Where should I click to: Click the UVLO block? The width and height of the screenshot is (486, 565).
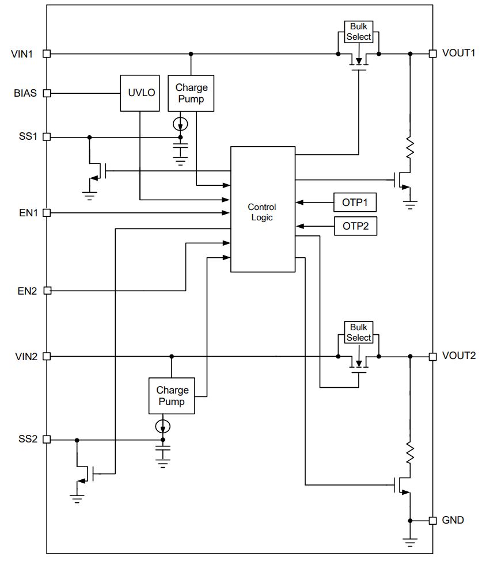coord(140,93)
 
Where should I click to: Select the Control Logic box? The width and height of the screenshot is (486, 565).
coord(263,209)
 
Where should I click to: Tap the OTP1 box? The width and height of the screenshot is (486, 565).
coord(355,203)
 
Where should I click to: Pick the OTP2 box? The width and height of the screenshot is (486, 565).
coord(355,226)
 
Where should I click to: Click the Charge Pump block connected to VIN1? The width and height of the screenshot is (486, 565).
coord(191,93)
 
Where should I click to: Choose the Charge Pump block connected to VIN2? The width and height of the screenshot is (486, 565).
coord(172,396)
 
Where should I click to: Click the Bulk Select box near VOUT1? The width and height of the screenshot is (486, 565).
coord(359,32)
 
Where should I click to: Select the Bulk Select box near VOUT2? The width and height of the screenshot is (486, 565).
coord(359,333)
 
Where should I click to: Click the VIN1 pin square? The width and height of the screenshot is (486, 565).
coord(47,54)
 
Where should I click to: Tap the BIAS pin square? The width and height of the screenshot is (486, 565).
coord(47,93)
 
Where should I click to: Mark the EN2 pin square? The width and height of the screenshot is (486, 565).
coord(47,291)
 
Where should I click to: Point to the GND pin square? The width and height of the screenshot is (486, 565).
coord(432,521)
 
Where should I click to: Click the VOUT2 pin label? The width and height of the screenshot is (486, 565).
coord(458,356)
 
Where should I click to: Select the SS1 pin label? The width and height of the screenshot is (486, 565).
coord(28,136)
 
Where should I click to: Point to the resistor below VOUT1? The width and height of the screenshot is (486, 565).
coord(410,147)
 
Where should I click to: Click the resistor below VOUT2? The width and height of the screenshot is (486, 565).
coord(410,452)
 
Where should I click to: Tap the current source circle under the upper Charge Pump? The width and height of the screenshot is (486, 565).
coord(180,124)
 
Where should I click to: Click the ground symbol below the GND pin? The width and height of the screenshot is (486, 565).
coord(410,543)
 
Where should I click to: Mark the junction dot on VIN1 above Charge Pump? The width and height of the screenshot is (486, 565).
coord(191,54)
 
